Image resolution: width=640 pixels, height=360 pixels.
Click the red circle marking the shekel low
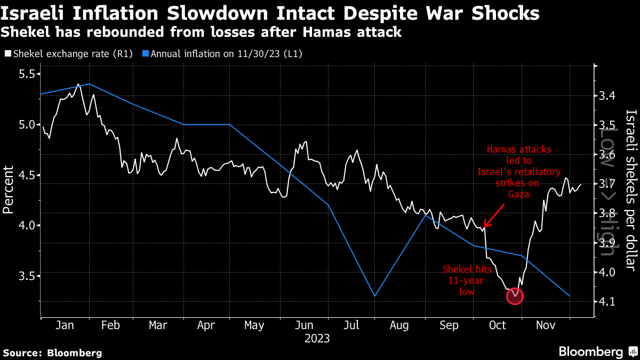point(515,296)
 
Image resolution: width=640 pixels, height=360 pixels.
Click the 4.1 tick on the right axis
point(608,301)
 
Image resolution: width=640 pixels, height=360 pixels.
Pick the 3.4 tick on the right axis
point(608,96)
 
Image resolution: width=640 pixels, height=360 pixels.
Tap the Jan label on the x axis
point(65,325)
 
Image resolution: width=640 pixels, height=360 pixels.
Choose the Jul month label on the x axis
point(350,325)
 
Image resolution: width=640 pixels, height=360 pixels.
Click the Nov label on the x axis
point(545,325)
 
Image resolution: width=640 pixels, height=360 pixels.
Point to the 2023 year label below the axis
point(317,338)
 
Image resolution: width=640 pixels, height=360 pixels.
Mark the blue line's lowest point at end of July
point(374,296)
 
